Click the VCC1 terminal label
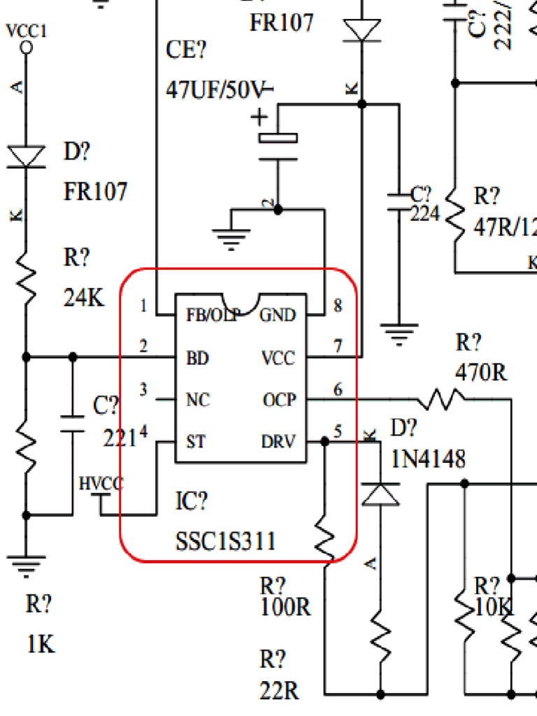(27, 31)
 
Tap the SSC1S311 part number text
(225, 541)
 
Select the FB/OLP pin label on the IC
(212, 315)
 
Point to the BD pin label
(198, 359)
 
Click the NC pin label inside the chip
(198, 401)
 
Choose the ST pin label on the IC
(196, 443)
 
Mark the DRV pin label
(278, 443)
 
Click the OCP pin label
(280, 401)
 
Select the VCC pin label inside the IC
(278, 359)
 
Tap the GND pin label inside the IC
(278, 315)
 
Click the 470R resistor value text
(481, 373)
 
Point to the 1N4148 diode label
(428, 459)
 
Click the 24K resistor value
(83, 298)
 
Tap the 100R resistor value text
(285, 606)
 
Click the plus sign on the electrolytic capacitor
(259, 116)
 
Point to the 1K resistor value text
(40, 643)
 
